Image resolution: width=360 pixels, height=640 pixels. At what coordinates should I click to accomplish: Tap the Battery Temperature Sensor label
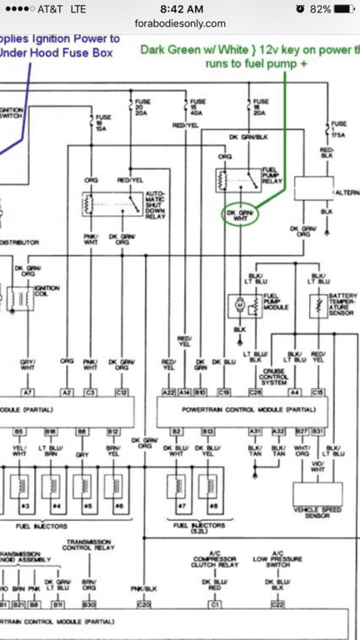coord(343,302)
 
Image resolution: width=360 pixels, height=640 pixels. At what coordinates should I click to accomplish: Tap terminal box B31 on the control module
coord(317,431)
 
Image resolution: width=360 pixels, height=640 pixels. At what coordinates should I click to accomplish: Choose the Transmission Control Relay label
coord(89,550)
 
